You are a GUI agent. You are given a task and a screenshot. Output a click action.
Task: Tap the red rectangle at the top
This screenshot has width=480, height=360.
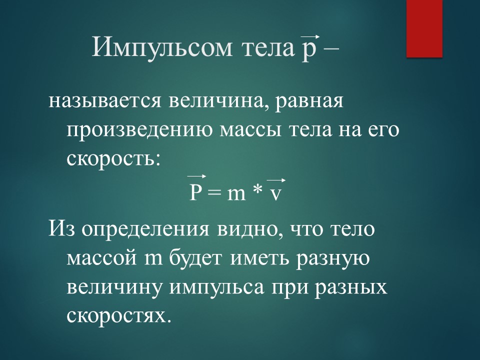tap(424, 28)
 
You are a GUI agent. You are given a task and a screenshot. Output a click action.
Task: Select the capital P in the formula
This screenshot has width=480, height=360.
tap(196, 193)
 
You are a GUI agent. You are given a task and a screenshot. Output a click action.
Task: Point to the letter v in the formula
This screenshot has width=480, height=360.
tap(275, 194)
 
